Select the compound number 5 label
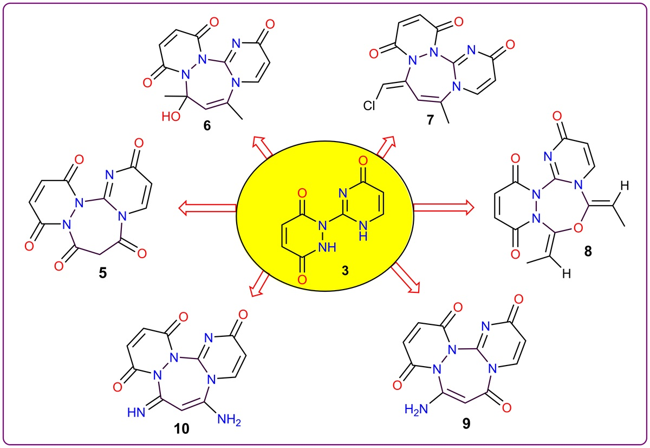point(102,271)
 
